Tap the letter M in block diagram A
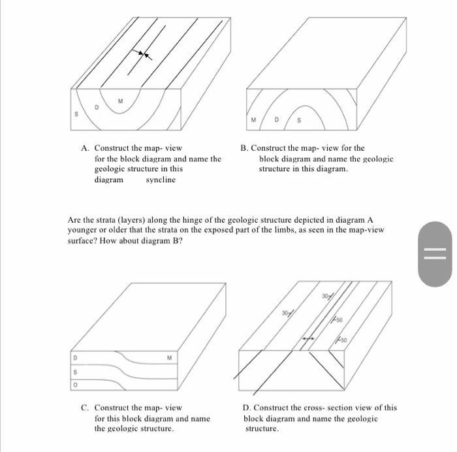(x=120, y=101)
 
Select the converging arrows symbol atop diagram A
(x=141, y=56)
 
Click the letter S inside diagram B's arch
(x=300, y=120)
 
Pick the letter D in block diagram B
(x=277, y=120)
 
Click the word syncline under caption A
(x=161, y=180)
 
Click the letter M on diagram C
(x=168, y=357)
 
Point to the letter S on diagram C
(x=76, y=372)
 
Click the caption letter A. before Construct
(x=86, y=148)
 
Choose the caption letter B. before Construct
(x=244, y=148)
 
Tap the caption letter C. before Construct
(x=86, y=408)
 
